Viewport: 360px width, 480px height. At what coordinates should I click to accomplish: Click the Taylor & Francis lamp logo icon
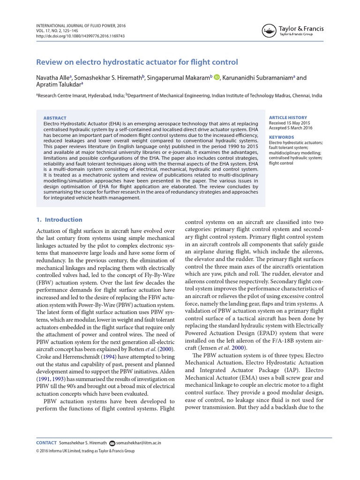click(x=268, y=31)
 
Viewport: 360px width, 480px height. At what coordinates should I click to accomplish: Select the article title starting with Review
click(x=137, y=62)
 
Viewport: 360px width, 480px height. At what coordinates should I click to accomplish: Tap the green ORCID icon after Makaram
click(x=217, y=77)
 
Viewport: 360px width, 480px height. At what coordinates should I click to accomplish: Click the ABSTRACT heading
click(x=55, y=118)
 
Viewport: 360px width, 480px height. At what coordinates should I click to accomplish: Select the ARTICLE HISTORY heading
click(x=288, y=117)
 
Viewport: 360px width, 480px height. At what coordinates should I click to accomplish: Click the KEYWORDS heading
click(x=281, y=137)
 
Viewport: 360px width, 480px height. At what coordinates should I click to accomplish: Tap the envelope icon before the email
click(x=112, y=443)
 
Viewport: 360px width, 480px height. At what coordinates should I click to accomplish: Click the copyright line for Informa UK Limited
click(x=85, y=451)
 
